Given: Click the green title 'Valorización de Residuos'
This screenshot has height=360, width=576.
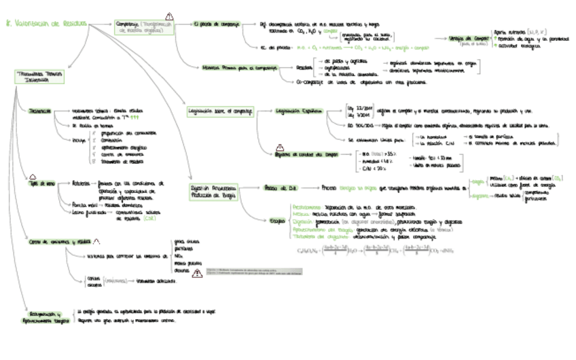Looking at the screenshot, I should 46,24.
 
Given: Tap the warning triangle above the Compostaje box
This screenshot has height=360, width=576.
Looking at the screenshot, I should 169,16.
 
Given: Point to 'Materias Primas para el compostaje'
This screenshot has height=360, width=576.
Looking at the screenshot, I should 231,67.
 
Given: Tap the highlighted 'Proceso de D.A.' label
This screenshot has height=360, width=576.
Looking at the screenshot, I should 278,187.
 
